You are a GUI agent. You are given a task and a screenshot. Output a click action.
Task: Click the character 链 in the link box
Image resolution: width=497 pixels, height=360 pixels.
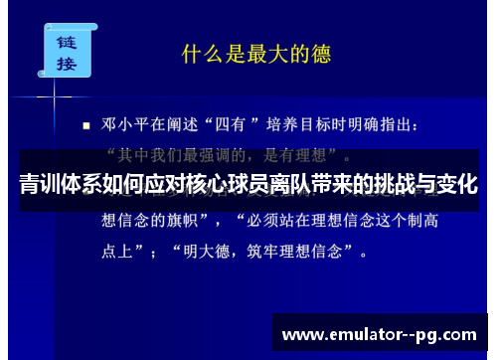pos(67,43)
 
